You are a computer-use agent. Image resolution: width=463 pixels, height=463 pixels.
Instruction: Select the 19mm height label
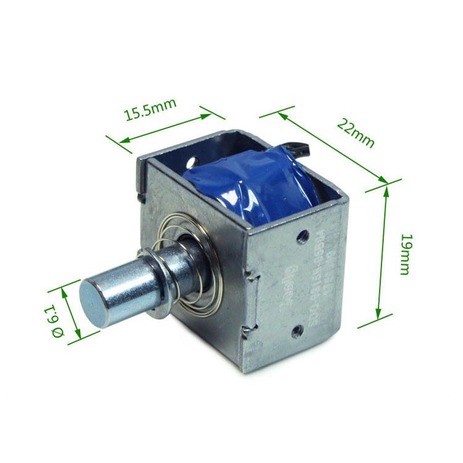404,254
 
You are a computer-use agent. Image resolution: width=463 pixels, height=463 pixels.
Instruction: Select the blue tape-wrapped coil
253,185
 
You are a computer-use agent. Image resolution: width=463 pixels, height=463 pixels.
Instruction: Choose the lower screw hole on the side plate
297,332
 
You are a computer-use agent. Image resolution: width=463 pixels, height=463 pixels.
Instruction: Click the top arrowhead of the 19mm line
386,190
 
